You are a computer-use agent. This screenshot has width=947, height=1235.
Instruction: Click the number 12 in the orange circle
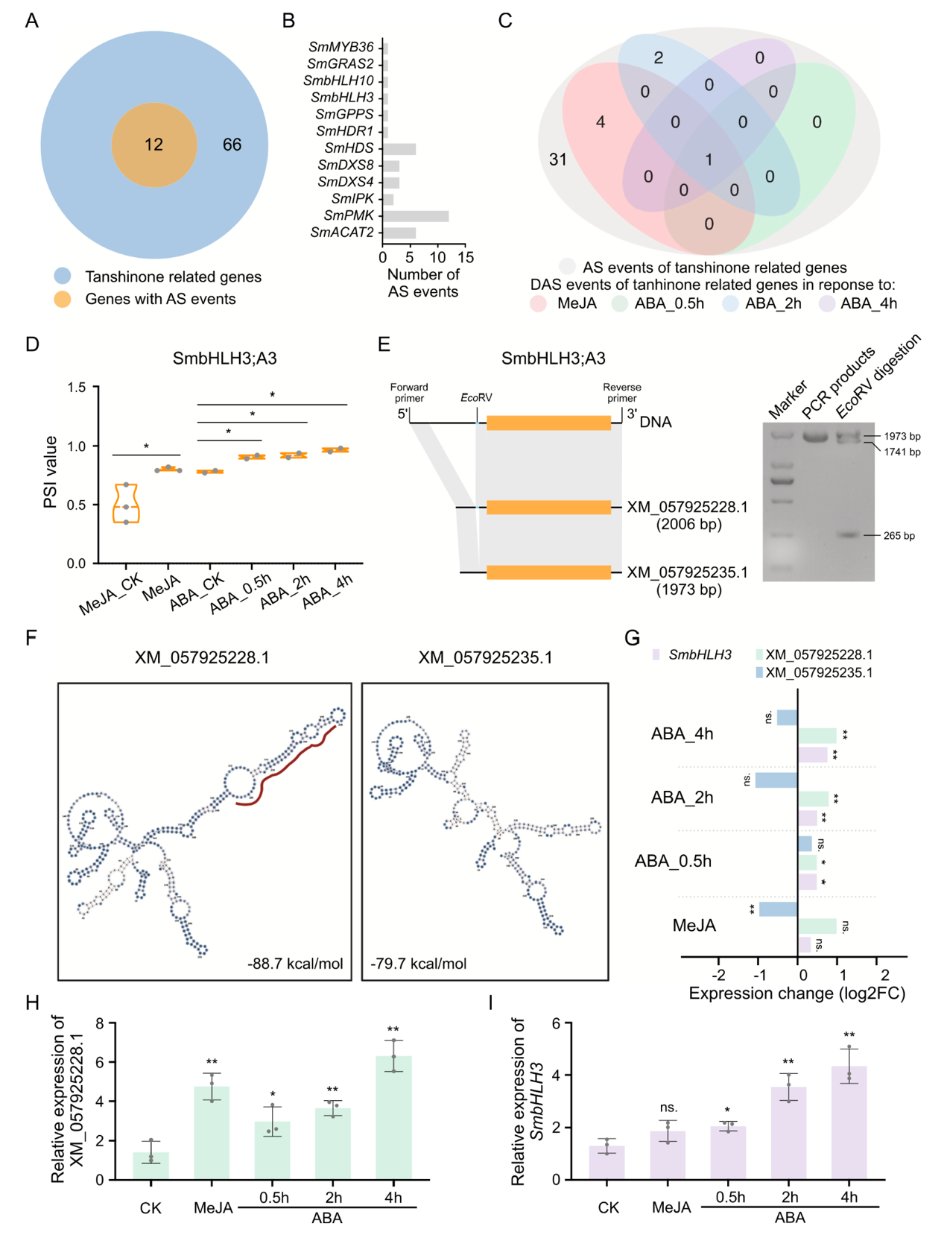[x=153, y=145]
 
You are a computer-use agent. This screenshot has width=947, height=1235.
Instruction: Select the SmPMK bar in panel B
[x=416, y=216]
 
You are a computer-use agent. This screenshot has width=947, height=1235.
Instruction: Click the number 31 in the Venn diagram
[x=558, y=159]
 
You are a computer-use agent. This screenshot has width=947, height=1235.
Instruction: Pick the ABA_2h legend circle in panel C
[x=731, y=304]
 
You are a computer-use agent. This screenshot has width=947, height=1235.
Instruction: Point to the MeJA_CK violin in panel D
[x=126, y=505]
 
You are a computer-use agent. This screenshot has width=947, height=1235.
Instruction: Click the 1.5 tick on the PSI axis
[x=77, y=387]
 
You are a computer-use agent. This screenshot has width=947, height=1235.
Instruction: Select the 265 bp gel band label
[x=899, y=536]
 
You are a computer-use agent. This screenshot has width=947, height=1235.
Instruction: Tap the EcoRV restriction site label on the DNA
[x=476, y=398]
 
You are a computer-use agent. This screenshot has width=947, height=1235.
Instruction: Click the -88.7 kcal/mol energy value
[x=295, y=964]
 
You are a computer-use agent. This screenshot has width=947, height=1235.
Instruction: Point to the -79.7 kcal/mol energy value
[x=419, y=964]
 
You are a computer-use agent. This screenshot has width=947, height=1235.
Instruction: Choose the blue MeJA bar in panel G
[x=778, y=909]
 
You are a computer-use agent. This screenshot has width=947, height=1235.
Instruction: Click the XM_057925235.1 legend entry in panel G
[x=818, y=673]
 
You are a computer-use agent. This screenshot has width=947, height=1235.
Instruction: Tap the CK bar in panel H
[x=151, y=1166]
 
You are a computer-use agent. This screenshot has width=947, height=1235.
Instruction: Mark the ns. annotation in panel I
[x=668, y=1108]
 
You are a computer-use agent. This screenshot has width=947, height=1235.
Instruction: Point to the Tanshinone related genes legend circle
[x=63, y=277]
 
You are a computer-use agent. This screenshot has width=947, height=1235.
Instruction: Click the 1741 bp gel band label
[x=902, y=452]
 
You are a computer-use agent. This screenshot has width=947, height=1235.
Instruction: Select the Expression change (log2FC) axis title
[x=796, y=994]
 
